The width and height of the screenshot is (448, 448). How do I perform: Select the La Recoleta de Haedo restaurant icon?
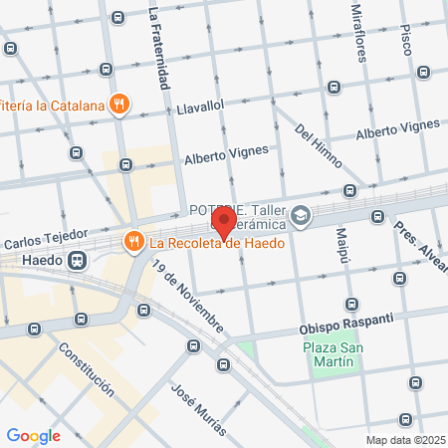[x=131, y=242]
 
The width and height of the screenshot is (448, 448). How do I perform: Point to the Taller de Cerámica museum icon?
[x=302, y=213]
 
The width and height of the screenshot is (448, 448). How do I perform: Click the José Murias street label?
[x=199, y=409]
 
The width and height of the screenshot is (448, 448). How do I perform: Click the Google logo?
[x=34, y=435]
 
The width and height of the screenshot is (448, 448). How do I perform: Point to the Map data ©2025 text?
[x=404, y=440]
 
